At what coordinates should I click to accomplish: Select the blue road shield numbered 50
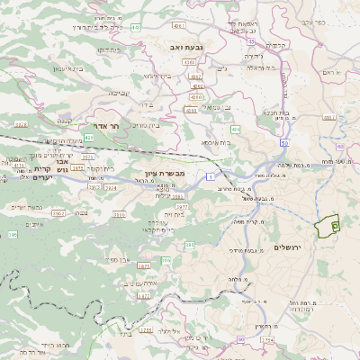284,142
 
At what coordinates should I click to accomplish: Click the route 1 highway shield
210,178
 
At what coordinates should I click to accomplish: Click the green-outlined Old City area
334,225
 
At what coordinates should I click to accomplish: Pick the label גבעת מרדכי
242,249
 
